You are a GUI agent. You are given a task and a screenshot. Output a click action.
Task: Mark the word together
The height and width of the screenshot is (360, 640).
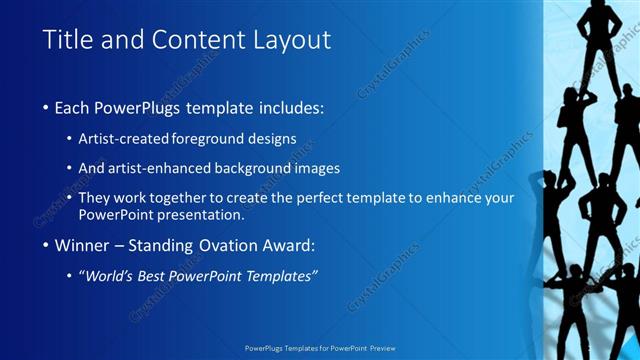(181, 198)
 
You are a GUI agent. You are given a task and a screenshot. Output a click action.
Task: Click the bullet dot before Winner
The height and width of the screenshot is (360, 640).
(47, 245)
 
